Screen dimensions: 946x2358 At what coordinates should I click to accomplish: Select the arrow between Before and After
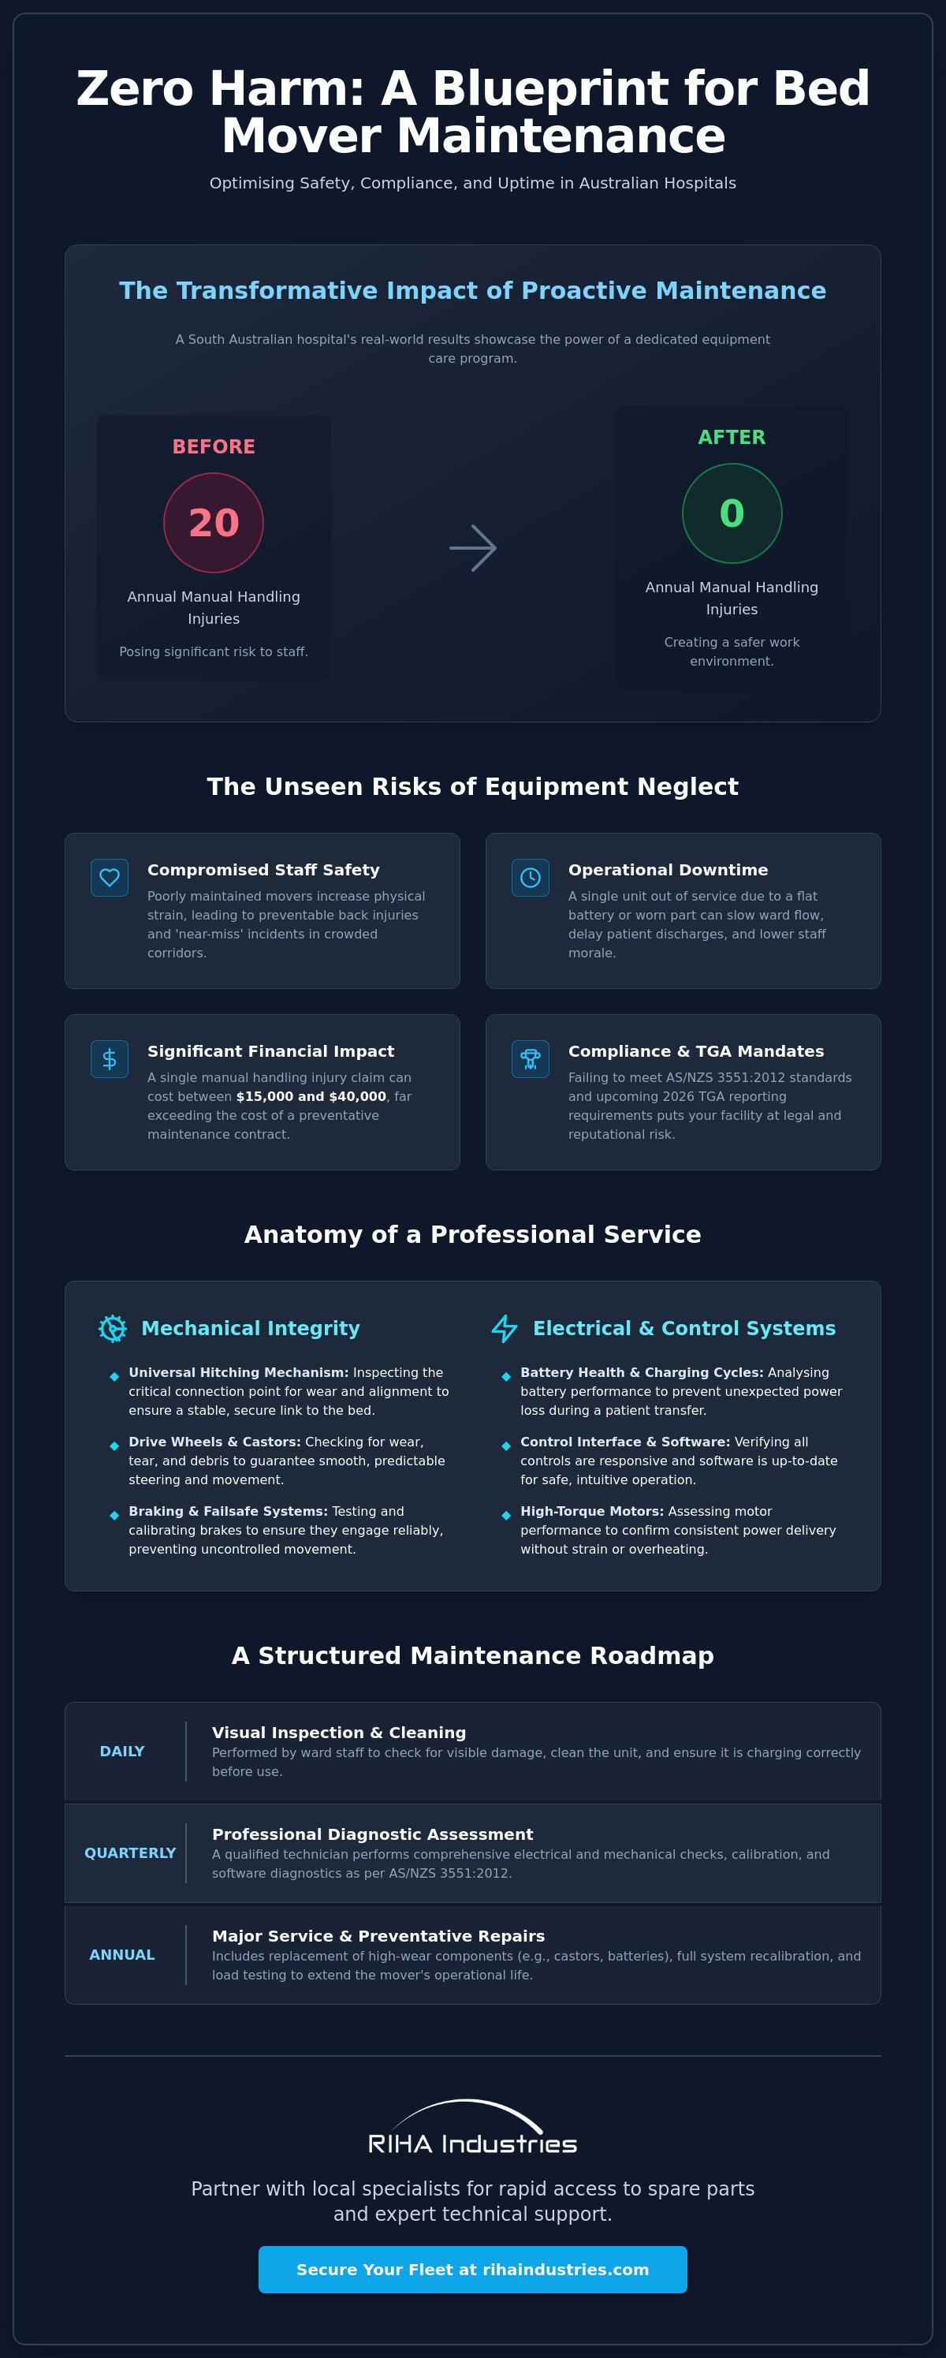[473, 548]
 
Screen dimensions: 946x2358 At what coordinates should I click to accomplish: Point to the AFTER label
[732, 438]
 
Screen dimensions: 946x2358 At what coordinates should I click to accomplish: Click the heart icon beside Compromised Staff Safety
[110, 878]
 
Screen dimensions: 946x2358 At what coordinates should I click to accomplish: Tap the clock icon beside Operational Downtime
[531, 878]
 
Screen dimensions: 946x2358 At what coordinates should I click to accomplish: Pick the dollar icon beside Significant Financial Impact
[110, 1059]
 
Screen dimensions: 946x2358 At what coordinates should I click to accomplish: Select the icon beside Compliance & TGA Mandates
[531, 1059]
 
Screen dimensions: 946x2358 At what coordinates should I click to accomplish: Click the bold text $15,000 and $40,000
[311, 1097]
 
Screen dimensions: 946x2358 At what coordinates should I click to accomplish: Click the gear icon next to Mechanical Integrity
[113, 1328]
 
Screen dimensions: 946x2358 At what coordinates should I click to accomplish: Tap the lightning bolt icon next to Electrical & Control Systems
[504, 1328]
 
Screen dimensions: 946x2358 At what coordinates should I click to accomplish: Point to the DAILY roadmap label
[121, 1751]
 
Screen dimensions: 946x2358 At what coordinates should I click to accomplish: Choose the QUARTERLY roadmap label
[130, 1852]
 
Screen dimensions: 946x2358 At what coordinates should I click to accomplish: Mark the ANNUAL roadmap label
[121, 1954]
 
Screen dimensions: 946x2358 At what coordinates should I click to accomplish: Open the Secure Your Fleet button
[473, 2269]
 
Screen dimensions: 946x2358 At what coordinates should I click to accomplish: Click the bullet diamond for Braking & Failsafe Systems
[114, 1515]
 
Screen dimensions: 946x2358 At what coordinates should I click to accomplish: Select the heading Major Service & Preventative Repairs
[378, 1936]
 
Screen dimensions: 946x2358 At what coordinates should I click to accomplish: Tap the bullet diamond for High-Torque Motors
[506, 1515]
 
